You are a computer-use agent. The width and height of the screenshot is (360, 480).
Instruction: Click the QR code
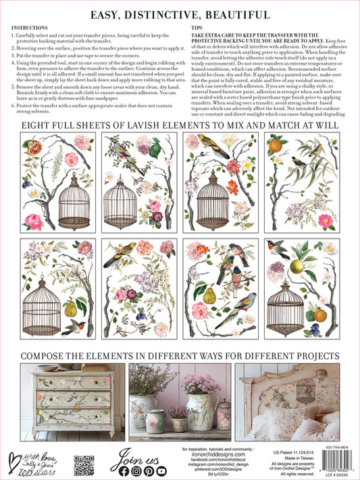(x=83, y=464)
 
